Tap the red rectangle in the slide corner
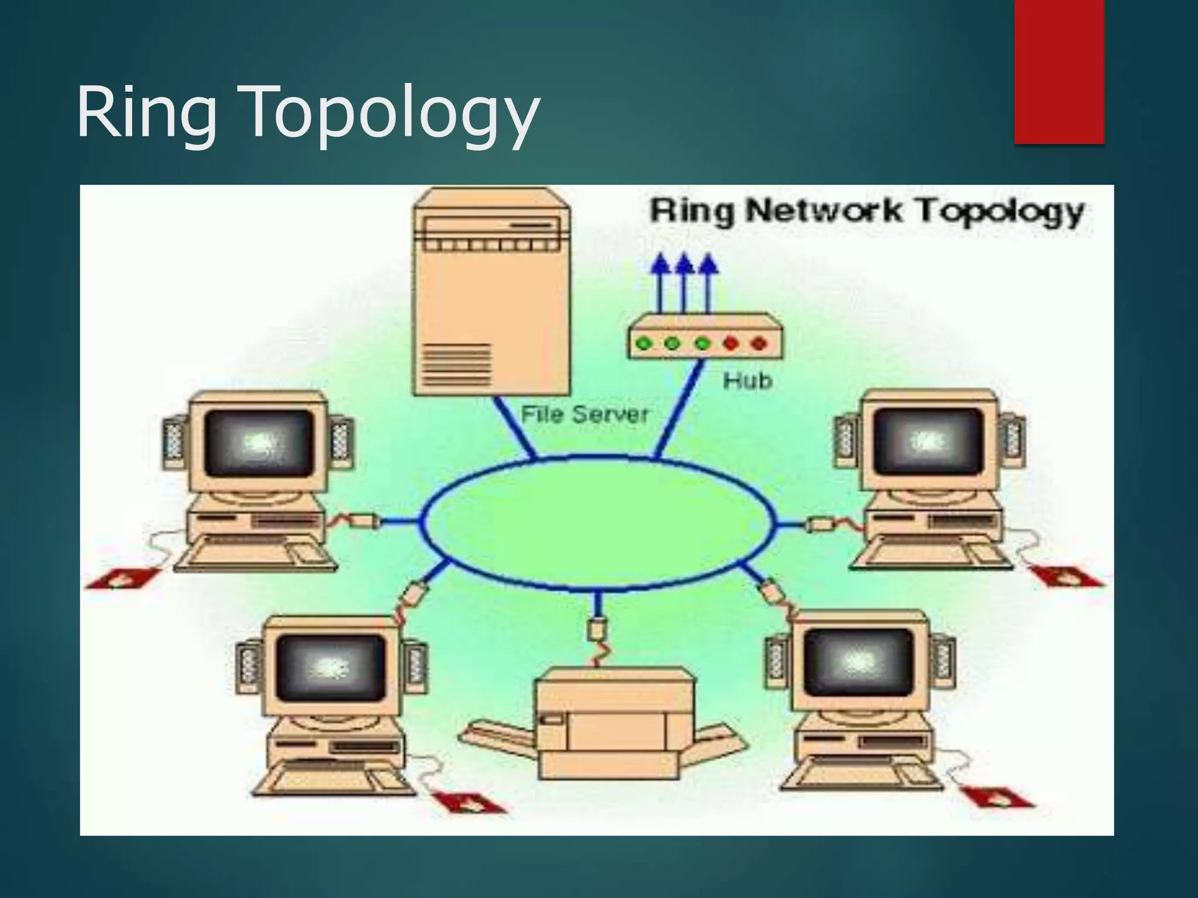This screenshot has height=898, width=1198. pos(1059,71)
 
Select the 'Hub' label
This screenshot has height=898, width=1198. pos(747,381)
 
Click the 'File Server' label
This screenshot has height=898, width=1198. pos(585,415)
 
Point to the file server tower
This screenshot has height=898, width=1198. pos(491,292)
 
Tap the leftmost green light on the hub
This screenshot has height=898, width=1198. pos(644,343)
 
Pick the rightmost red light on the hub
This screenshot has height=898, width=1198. pos(759,343)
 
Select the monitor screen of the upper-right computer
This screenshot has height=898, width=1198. pos(928,441)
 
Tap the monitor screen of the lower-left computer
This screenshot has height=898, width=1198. pos(331,666)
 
